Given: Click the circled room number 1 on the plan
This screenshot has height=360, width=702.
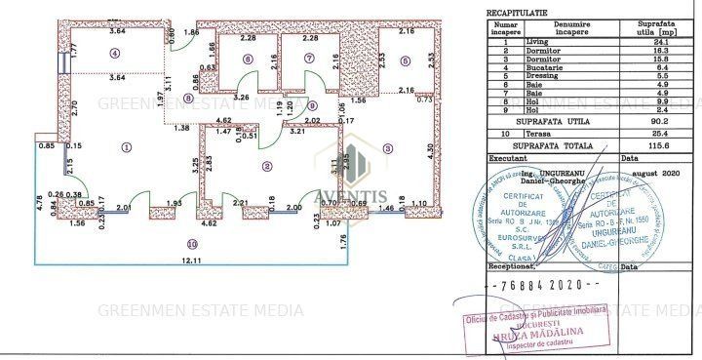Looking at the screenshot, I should pos(126,147).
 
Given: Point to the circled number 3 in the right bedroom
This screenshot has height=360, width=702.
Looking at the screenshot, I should pos(387,148).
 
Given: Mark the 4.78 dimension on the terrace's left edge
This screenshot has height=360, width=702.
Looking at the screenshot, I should pos(40,204).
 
